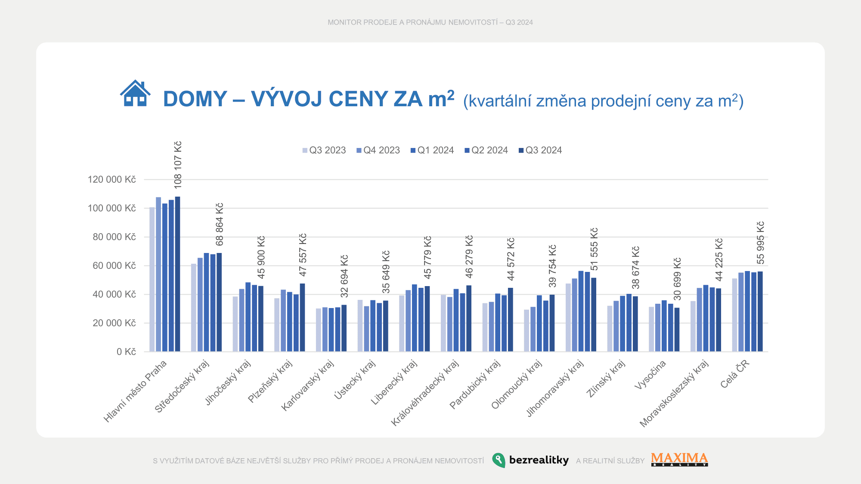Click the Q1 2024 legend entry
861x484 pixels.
432,150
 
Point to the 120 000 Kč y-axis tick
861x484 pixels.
111,179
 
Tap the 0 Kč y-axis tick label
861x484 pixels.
126,352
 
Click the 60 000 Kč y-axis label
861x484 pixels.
114,265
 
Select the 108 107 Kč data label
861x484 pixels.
178,165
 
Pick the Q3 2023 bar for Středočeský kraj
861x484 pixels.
194,308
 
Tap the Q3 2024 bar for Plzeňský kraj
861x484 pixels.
302,318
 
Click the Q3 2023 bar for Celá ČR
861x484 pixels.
734,315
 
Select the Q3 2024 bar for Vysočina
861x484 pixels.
677,330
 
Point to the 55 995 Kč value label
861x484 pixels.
761,243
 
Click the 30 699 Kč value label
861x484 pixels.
677,279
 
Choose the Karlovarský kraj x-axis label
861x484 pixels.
307,385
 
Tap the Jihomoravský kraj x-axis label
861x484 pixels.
555,388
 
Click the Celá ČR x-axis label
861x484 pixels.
735,374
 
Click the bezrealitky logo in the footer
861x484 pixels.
530,460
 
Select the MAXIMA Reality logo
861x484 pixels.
679,459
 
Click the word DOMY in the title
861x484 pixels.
195,99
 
